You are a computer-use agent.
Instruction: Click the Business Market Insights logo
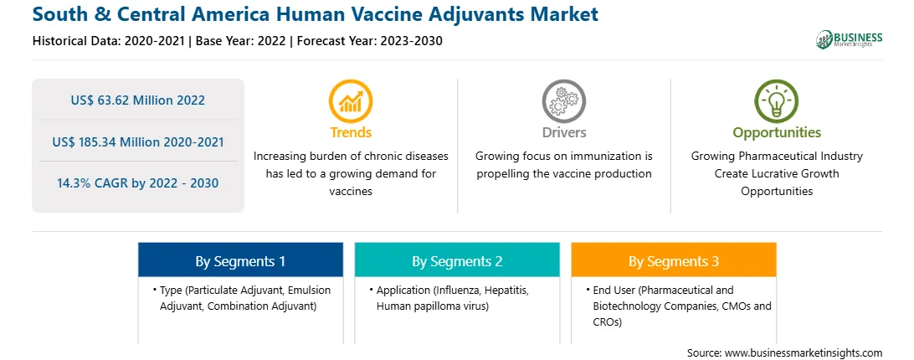[x=849, y=39]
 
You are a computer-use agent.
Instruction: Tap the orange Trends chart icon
[x=351, y=100]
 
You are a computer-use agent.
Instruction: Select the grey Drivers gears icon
[x=563, y=100]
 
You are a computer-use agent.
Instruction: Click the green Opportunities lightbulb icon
[x=777, y=100]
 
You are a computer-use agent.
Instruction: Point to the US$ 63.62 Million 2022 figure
[x=138, y=100]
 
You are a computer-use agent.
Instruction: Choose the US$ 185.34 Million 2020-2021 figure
[x=138, y=141]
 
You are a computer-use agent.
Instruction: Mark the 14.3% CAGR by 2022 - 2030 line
[x=138, y=183]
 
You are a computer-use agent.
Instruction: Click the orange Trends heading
[x=351, y=132]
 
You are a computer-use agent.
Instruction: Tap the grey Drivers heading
[x=563, y=132]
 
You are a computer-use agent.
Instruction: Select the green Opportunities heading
[x=777, y=132]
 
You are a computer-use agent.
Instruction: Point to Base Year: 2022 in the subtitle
[x=241, y=41]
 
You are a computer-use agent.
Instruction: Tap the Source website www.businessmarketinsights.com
[x=803, y=353]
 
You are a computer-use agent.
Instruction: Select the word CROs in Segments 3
[x=608, y=321]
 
